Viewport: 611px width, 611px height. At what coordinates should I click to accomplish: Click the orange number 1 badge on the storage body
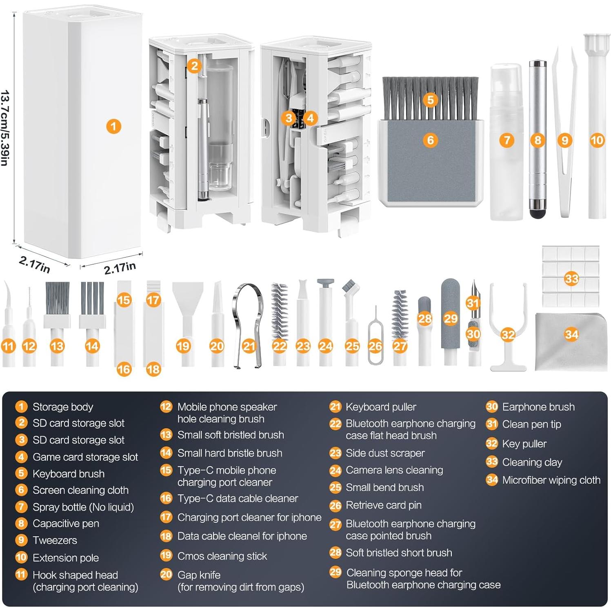coord(113,126)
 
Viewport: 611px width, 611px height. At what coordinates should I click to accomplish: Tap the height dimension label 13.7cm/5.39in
coord(5,128)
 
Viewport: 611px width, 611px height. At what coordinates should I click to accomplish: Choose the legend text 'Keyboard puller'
coord(380,407)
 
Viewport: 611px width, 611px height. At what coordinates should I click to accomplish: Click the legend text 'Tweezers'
coord(55,540)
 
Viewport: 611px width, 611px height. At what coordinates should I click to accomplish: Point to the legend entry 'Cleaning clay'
coord(532,462)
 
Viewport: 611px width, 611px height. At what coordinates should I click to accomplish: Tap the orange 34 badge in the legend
coord(492,480)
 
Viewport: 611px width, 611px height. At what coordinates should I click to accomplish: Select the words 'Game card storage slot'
coord(85,457)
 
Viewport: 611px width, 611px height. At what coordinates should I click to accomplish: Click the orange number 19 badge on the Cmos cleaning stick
coord(183,346)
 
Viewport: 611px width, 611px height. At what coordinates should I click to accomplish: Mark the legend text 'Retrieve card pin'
coord(383,505)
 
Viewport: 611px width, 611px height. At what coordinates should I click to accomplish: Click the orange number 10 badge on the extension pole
coord(597,140)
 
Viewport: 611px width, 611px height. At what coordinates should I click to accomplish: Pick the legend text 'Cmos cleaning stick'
coord(222,556)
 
